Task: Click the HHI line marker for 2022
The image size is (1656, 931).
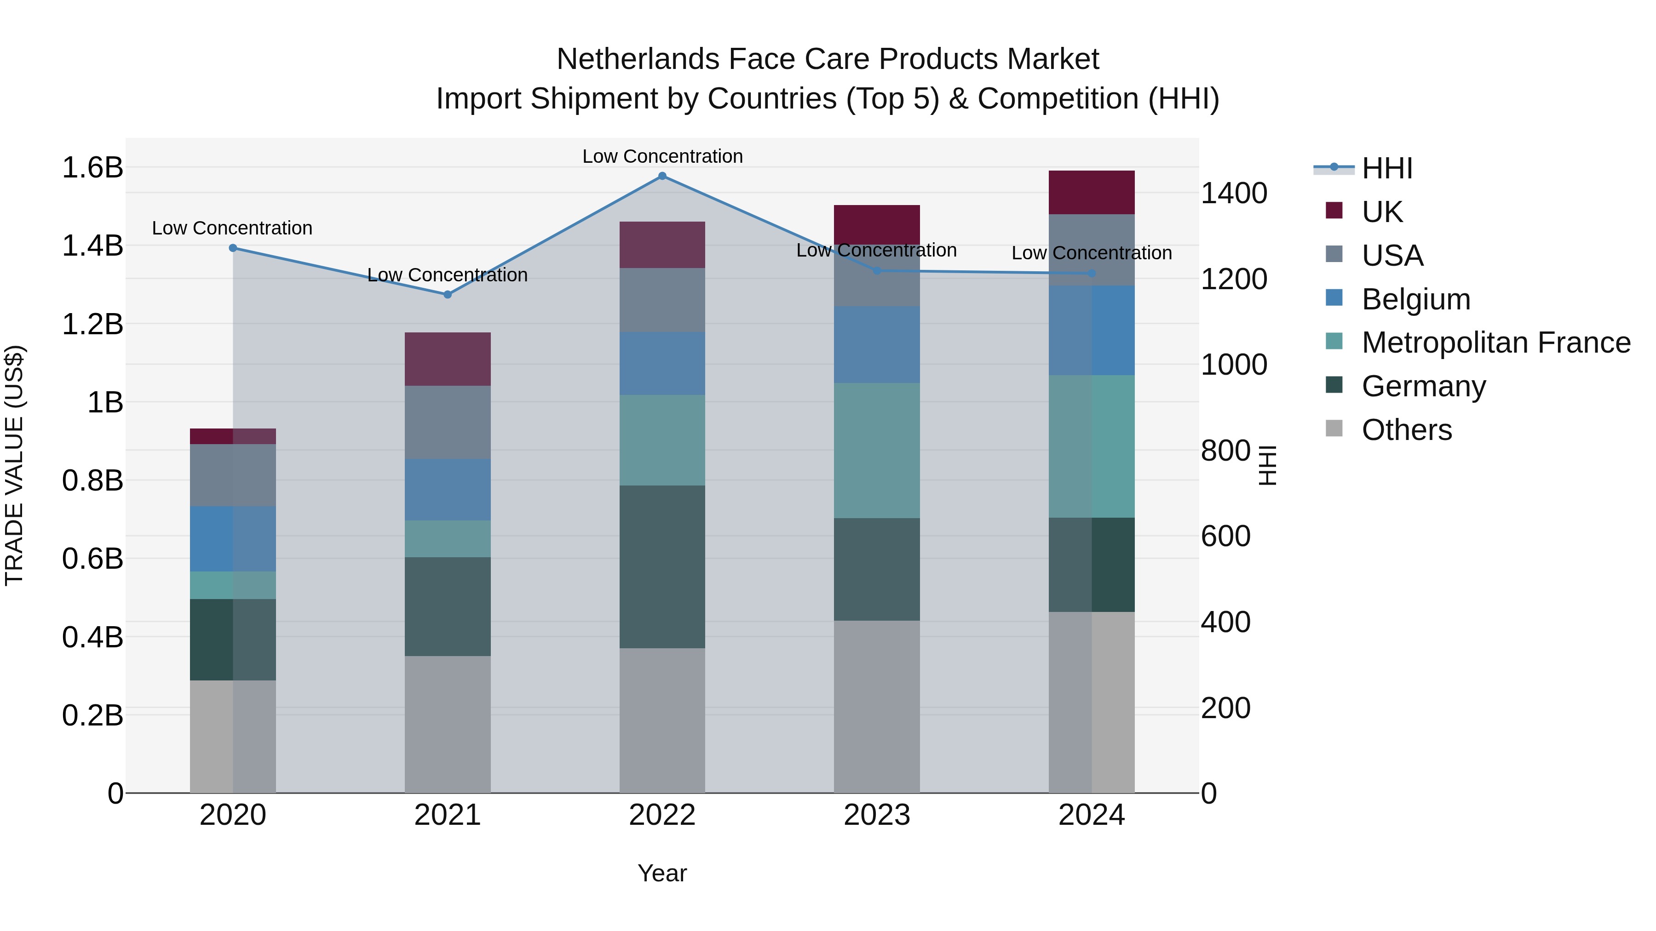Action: click(x=662, y=176)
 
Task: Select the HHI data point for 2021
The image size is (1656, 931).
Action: click(x=448, y=295)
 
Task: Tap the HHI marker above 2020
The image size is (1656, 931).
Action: click(x=233, y=248)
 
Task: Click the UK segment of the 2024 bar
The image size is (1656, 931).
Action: click(x=1091, y=193)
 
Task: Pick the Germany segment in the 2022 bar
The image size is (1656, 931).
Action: click(x=662, y=567)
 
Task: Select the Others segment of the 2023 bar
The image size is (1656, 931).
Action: click(x=876, y=707)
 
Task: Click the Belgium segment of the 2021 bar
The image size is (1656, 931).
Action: click(x=448, y=490)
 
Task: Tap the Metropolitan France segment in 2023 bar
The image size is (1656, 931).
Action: click(x=876, y=451)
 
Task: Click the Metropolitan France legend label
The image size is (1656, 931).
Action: click(x=1496, y=343)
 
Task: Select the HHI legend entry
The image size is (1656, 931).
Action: click(x=1386, y=168)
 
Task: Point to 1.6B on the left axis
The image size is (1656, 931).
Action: click(x=92, y=168)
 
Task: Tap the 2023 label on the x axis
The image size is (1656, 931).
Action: click(x=876, y=815)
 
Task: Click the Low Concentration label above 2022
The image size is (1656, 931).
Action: click(x=662, y=156)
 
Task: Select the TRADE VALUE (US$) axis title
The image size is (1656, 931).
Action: click(x=14, y=465)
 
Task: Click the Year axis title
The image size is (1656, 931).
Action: click(x=662, y=873)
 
